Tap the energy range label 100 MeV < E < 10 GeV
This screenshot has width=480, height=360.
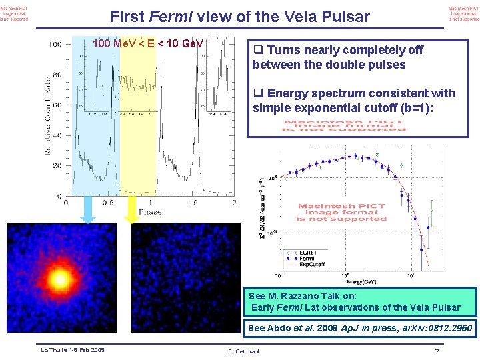click(148, 44)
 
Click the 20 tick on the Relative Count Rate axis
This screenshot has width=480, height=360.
click(57, 166)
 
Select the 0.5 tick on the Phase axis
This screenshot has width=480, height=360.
click(107, 203)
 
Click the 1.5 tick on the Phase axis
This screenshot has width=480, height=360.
click(191, 203)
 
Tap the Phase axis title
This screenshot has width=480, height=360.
click(149, 211)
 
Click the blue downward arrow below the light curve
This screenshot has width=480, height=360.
click(88, 211)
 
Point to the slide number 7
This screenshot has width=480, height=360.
click(437, 351)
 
